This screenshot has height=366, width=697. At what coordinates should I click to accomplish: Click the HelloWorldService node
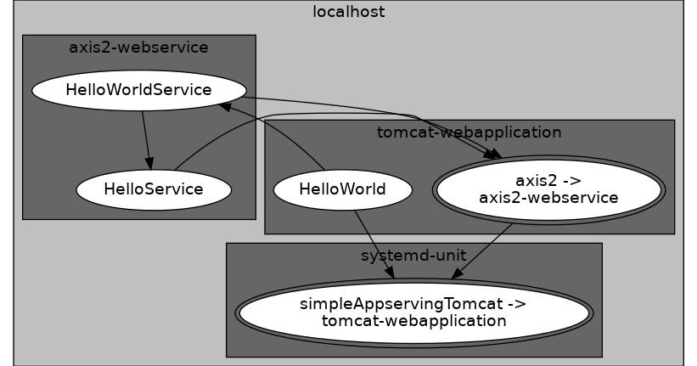(138, 89)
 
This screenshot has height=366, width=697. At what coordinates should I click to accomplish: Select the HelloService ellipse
(154, 189)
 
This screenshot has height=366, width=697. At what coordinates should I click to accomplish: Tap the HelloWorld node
(342, 189)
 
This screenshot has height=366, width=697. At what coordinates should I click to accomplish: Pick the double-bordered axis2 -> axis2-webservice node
(548, 189)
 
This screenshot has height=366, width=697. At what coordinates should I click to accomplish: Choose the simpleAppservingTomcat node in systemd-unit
(413, 312)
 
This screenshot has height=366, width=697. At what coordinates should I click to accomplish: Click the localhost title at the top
(348, 12)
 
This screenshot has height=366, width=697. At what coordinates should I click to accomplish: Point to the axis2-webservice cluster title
(138, 47)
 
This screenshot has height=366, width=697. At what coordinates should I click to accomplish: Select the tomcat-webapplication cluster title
(469, 132)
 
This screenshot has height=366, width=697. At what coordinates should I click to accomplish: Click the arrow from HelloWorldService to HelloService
(146, 136)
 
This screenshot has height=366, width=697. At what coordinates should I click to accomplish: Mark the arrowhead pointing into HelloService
(149, 163)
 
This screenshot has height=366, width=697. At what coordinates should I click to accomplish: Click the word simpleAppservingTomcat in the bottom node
(413, 304)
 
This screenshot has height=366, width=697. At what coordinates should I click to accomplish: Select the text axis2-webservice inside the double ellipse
(548, 197)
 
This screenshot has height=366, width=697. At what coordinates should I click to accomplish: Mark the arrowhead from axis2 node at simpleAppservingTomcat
(458, 273)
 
